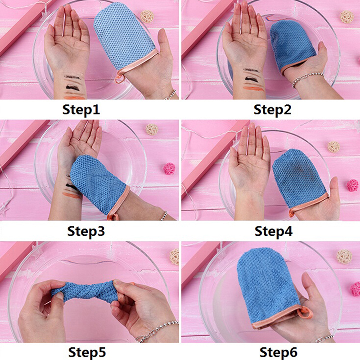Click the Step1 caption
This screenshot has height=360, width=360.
81,109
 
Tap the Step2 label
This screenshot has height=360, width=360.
272,109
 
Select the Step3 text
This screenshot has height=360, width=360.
86,231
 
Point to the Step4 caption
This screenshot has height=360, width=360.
274,231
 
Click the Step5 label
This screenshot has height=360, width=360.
87,352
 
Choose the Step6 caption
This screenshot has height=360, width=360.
278,352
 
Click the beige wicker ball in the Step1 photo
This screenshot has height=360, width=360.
147,16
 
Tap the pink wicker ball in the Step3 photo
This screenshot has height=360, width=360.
169,168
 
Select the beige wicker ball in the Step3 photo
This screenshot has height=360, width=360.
152,129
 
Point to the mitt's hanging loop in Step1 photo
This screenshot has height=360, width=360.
119,77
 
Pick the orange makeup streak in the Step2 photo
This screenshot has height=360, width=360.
253,88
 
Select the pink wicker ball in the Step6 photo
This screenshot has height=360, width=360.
355,289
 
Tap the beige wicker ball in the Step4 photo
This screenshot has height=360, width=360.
333,147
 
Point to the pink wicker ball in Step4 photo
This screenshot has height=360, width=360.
352,185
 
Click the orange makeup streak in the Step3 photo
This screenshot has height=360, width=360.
71,195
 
